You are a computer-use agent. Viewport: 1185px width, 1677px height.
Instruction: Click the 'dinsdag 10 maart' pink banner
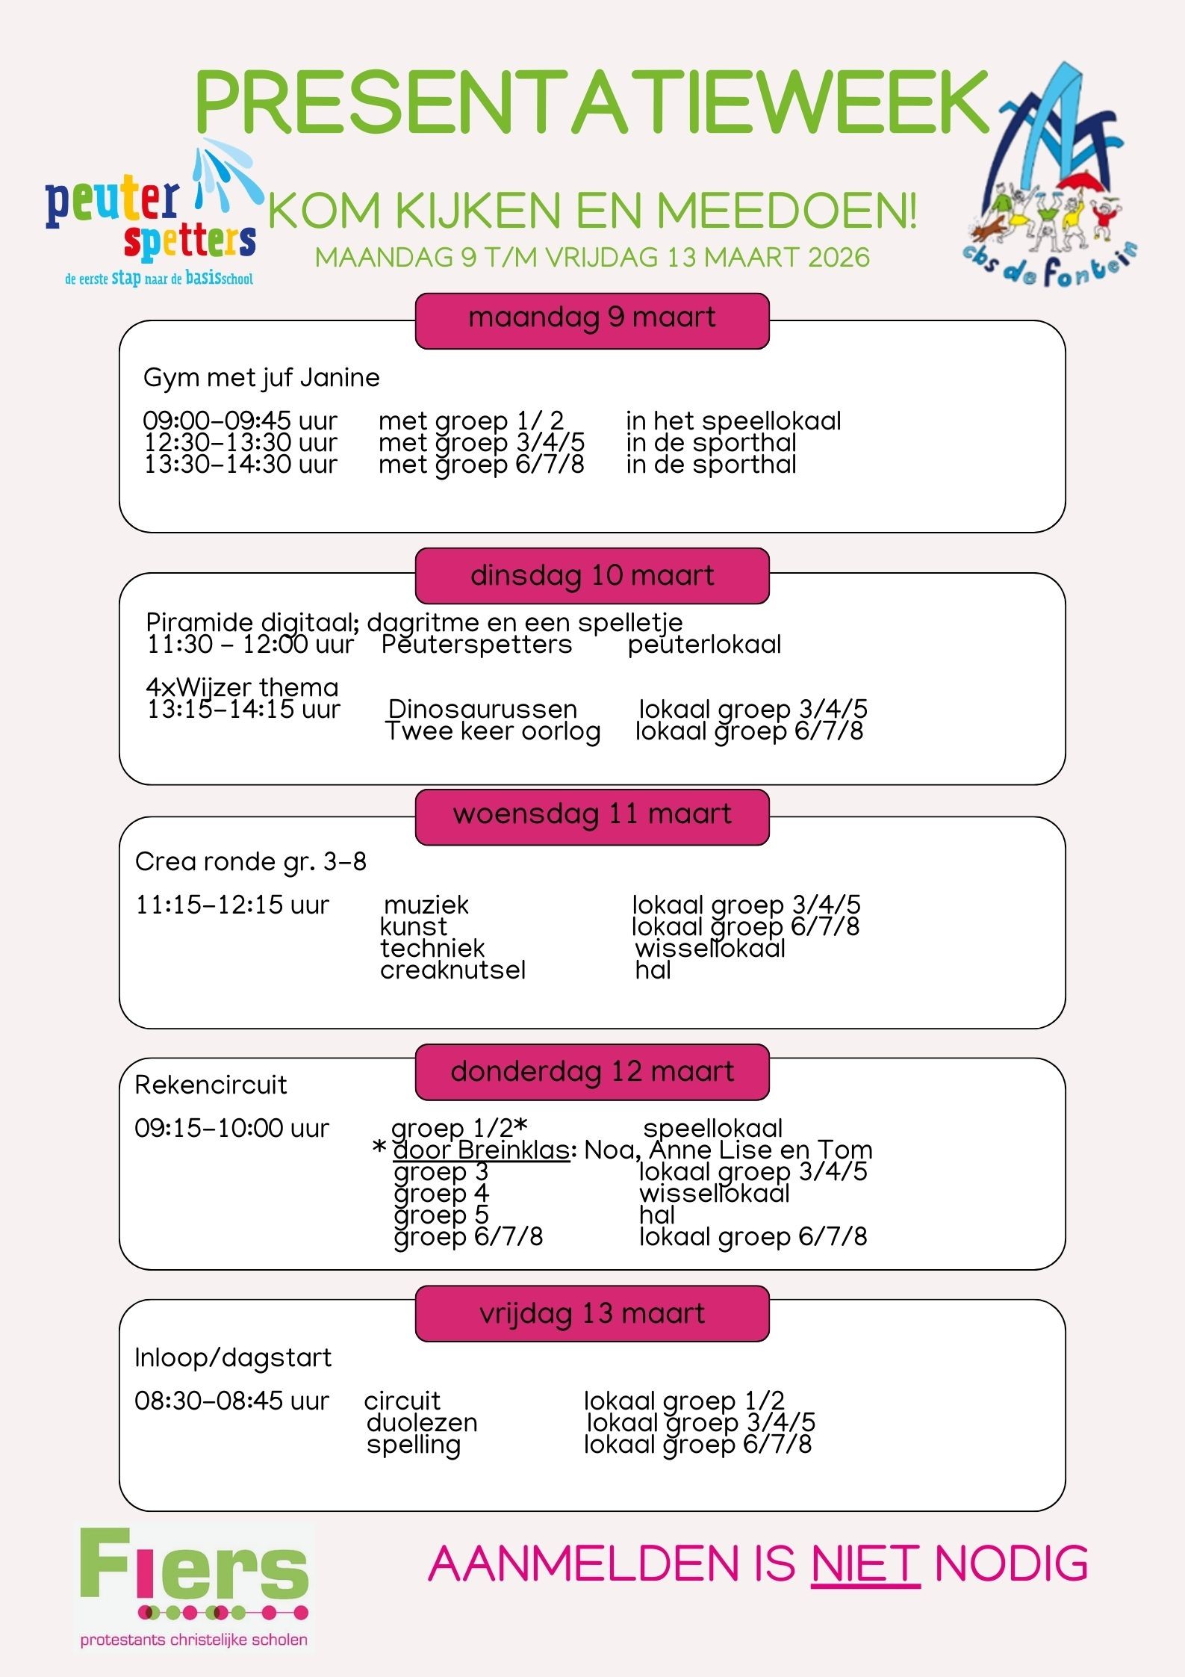pos(592,576)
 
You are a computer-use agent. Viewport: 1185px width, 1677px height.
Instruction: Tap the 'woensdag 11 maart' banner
pos(592,816)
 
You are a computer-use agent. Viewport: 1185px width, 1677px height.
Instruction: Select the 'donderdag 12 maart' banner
pos(592,1072)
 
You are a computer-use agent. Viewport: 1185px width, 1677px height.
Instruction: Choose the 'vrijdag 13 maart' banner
pos(592,1313)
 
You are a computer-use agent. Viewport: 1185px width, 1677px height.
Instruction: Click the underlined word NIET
pos(865,1563)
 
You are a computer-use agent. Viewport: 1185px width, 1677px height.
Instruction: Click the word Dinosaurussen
pos(483,709)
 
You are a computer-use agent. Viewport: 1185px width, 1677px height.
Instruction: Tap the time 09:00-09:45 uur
pos(240,421)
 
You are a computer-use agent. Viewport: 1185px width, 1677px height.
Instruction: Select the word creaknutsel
pos(452,970)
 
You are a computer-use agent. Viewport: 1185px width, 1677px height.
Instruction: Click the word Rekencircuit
pos(211,1085)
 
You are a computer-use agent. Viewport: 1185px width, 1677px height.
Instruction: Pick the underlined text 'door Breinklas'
pos(482,1150)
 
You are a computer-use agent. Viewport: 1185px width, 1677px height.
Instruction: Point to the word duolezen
pos(422,1423)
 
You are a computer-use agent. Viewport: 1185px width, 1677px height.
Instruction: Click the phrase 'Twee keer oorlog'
pos(493,731)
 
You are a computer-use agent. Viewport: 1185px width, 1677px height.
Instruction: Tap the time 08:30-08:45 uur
pos(231,1401)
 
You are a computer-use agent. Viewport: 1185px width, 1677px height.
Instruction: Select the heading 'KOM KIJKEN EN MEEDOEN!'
pos(592,211)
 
